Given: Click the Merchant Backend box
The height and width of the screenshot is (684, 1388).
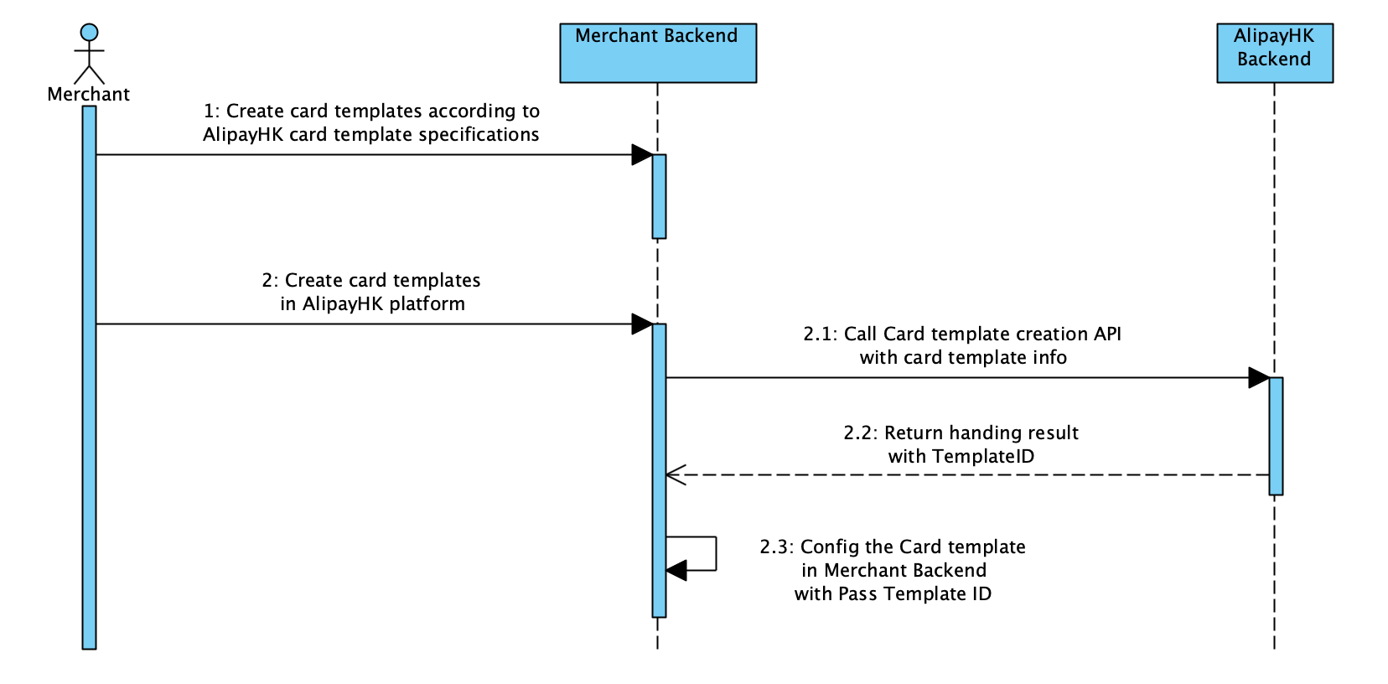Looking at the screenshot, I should click(658, 53).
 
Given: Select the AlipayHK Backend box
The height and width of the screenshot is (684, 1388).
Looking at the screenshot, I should click(1274, 53).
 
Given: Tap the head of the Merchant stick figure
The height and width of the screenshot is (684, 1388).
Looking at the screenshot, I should click(89, 33).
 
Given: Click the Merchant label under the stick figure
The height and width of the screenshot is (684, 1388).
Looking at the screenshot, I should click(88, 94).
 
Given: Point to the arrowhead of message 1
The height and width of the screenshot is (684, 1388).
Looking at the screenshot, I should click(642, 154).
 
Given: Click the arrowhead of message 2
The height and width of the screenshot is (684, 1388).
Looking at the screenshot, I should click(642, 324).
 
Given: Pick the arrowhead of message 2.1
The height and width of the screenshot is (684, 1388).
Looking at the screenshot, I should click(1259, 377).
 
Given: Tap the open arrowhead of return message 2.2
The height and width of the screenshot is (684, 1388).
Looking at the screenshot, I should click(676, 474).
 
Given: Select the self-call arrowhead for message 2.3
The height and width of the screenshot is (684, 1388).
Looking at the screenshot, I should click(676, 570).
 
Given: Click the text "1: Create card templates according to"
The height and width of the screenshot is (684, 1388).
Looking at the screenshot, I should click(371, 111).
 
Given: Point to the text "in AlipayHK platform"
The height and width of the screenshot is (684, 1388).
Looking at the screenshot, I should click(372, 303).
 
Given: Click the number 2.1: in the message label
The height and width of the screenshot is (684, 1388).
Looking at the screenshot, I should click(820, 334).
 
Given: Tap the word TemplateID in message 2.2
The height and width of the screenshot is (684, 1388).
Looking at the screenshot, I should click(983, 456).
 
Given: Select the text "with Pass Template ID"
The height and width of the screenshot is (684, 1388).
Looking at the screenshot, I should click(893, 593).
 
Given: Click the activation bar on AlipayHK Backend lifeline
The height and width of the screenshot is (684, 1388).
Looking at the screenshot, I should click(1276, 436).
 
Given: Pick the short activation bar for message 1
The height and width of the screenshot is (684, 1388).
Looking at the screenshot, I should click(659, 196).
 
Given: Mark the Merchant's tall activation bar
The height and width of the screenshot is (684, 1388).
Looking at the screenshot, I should click(89, 377).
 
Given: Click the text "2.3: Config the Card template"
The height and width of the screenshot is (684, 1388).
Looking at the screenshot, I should click(893, 547).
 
